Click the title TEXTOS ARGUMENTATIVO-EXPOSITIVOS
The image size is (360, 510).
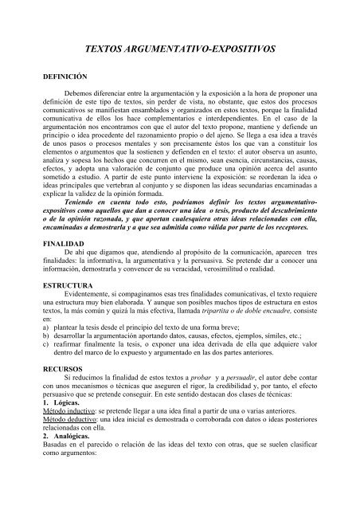pos(179,48)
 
